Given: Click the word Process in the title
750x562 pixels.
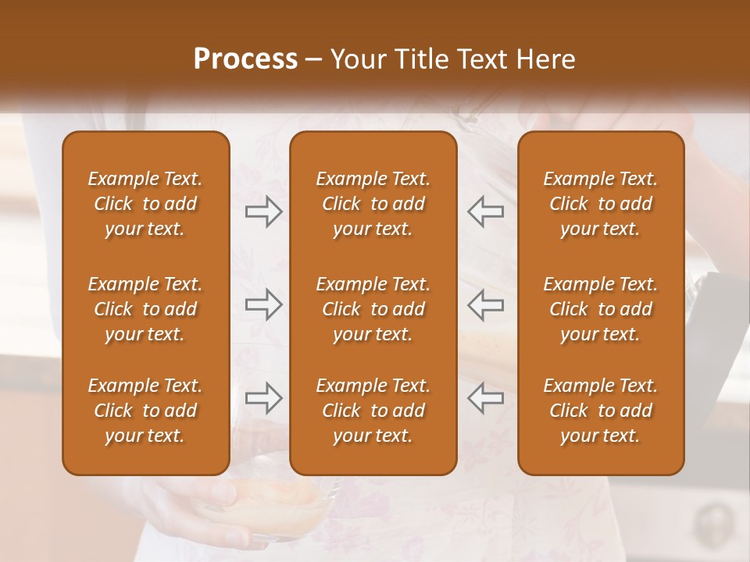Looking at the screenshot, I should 245,59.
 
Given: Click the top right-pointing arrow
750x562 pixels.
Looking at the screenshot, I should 264,212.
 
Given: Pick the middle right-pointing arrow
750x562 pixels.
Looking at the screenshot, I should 264,304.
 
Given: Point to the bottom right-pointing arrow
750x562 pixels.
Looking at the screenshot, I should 264,398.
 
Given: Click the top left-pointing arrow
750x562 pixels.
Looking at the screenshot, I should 485,212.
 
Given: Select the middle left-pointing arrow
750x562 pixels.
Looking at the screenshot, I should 485,304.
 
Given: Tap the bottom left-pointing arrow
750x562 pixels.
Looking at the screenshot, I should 485,398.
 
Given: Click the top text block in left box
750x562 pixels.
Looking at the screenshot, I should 145,204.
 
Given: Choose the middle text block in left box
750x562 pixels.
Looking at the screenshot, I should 145,309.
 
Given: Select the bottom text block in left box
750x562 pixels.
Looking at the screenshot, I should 145,411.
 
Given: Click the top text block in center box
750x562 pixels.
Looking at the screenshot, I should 373,204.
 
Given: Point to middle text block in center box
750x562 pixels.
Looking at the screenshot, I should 373,309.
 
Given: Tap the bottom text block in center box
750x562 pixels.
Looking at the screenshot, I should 373,411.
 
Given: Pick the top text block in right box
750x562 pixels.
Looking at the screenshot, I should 601,204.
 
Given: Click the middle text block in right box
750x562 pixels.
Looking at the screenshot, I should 601,309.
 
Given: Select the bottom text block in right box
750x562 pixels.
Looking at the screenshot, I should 601,411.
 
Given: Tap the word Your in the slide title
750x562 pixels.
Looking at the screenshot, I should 355,59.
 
